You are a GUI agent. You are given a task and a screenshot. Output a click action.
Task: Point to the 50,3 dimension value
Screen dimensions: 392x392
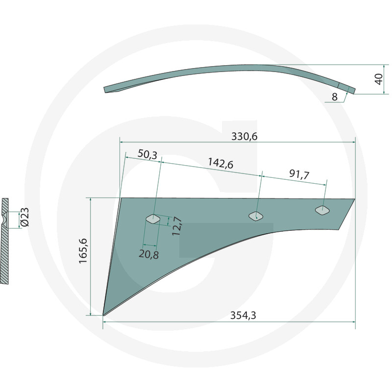click(147, 155)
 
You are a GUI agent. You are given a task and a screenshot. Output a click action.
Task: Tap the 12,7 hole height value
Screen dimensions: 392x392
click(177, 227)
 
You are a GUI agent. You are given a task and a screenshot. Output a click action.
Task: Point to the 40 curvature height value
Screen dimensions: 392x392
click(378, 78)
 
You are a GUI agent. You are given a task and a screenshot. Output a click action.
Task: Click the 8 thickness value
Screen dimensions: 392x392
click(334, 97)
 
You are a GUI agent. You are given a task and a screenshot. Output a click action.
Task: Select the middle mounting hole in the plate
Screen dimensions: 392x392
click(255, 216)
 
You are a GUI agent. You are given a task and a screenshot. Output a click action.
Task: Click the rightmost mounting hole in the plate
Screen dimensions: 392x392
click(322, 211)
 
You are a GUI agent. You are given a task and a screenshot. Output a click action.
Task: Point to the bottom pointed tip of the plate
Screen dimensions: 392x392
click(104, 314)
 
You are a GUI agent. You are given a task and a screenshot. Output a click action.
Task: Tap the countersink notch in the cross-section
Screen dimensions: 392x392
click(6, 218)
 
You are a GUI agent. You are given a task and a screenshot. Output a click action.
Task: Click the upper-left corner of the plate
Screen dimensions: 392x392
click(122, 199)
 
